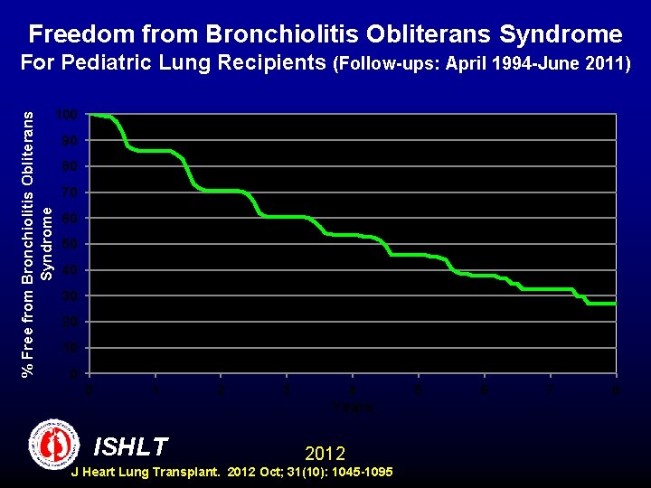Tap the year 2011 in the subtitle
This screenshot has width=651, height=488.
(x=608, y=65)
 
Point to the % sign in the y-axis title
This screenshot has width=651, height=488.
(x=28, y=368)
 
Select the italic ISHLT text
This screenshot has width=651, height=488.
(x=130, y=446)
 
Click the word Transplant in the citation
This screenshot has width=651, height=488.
(x=185, y=473)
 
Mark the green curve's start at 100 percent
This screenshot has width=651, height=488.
(x=90, y=115)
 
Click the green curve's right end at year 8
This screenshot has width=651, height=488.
(x=615, y=304)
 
